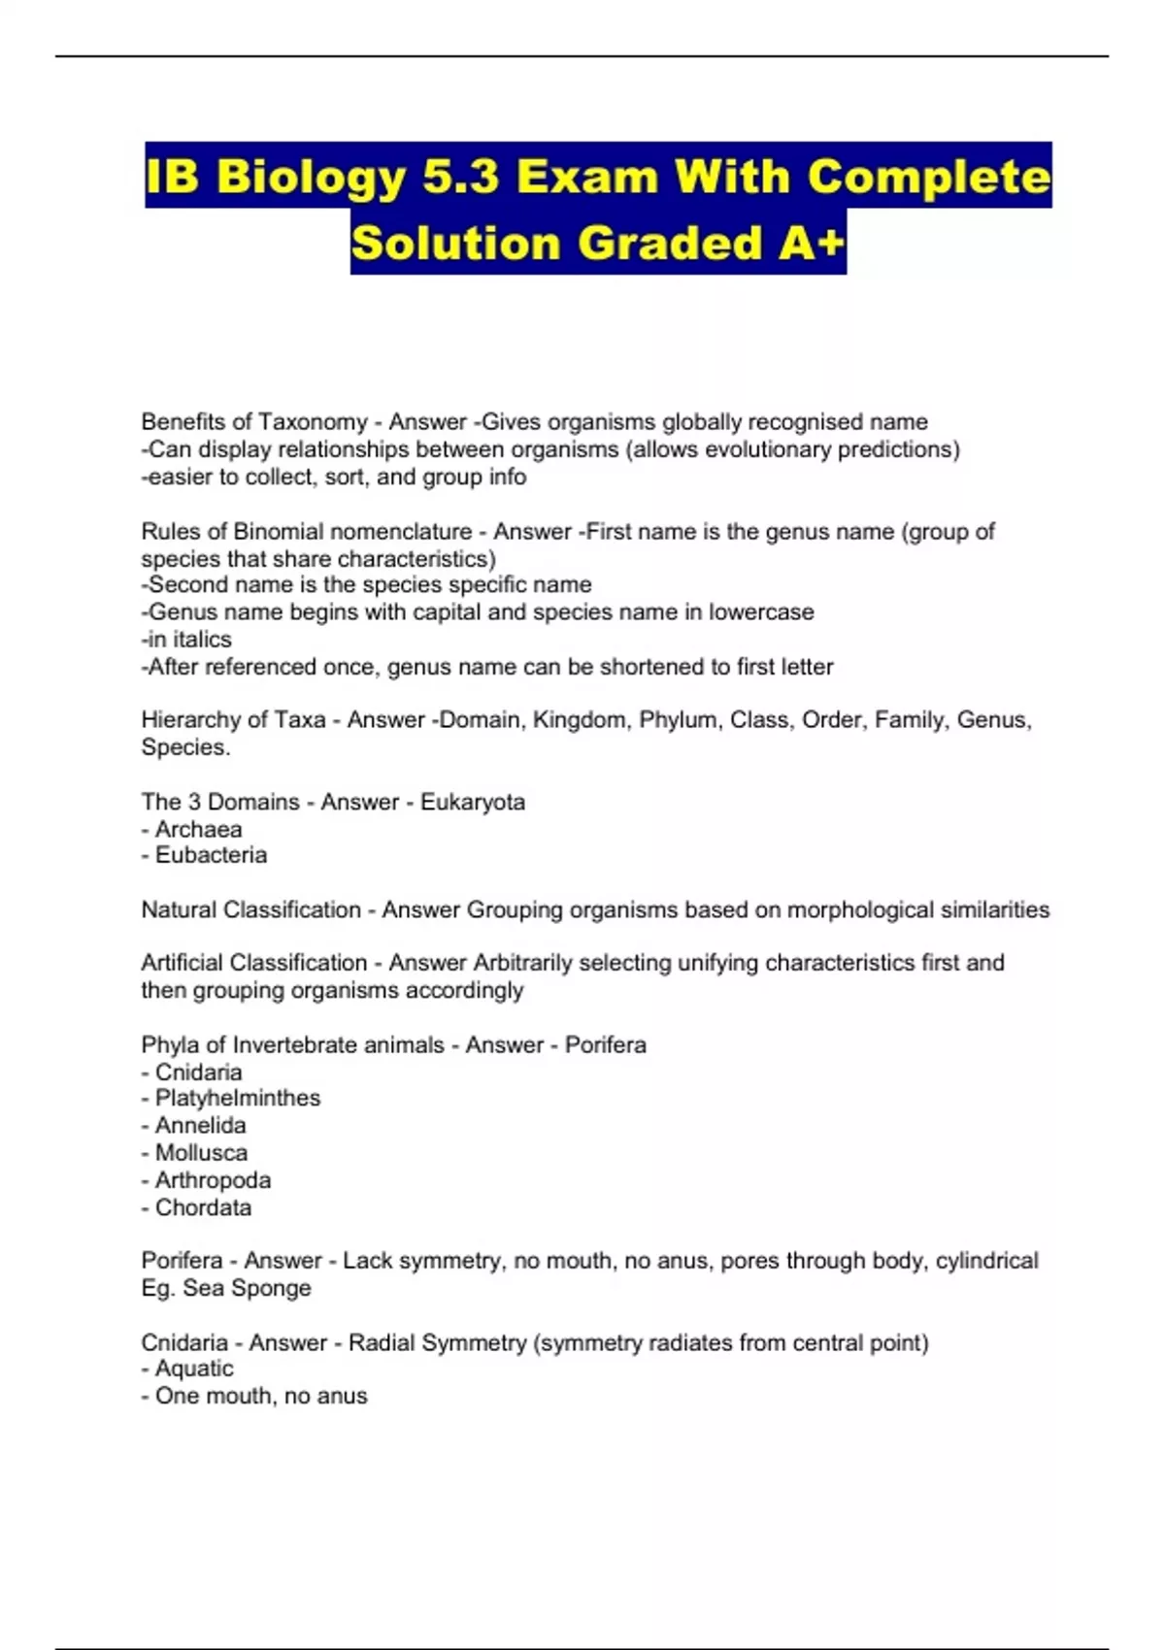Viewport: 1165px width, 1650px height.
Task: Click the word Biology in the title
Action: pyautogui.click(x=311, y=178)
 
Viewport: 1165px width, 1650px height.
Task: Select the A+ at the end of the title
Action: pyautogui.click(x=811, y=243)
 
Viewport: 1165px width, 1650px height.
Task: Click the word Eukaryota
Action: pyautogui.click(x=472, y=803)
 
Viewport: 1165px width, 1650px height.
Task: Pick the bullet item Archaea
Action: pyautogui.click(x=198, y=830)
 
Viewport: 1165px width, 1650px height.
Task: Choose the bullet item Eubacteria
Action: pyautogui.click(x=211, y=855)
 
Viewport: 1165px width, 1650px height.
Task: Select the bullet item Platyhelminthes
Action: pyautogui.click(x=237, y=1098)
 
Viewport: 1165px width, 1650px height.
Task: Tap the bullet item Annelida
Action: pyautogui.click(x=200, y=1126)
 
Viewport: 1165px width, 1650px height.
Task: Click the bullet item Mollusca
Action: pyautogui.click(x=201, y=1153)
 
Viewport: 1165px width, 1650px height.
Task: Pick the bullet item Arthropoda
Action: pyautogui.click(x=213, y=1180)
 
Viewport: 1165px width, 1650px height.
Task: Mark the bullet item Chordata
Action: pyautogui.click(x=203, y=1207)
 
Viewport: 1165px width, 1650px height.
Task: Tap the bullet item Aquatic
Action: pyautogui.click(x=194, y=1369)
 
